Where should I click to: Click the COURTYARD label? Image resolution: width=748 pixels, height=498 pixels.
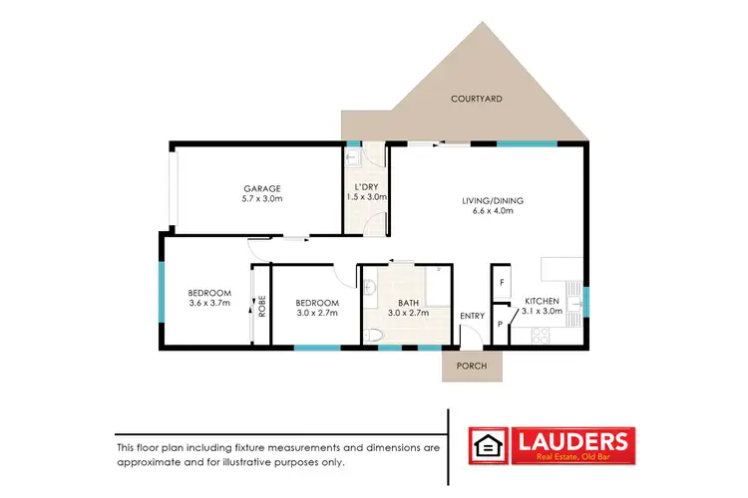(476, 99)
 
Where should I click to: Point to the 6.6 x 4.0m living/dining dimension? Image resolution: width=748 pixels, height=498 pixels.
(493, 211)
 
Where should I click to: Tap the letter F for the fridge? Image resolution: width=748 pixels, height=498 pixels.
(501, 283)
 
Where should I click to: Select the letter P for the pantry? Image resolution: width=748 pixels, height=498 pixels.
(500, 324)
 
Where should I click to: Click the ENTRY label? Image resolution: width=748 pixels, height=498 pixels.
(472, 317)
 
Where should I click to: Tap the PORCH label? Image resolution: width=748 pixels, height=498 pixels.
(472, 365)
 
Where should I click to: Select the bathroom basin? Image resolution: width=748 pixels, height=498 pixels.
(370, 289)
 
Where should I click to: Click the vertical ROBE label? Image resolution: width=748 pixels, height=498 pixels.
(261, 305)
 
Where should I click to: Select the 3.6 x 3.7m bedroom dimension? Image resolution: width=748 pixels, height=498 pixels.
(209, 303)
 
